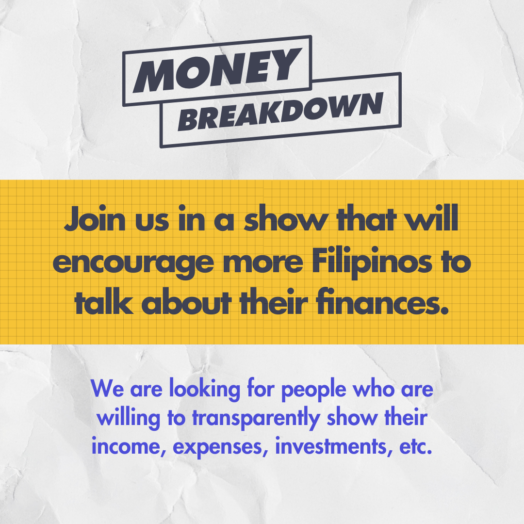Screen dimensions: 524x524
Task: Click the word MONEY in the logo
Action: click(217, 70)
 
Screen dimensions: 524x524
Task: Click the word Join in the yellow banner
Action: click(95, 220)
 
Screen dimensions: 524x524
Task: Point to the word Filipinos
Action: click(372, 262)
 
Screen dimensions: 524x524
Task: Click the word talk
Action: click(104, 302)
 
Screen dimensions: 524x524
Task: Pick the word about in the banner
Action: click(186, 302)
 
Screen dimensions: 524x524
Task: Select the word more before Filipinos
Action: click(263, 262)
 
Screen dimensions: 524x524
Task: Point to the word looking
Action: click(205, 390)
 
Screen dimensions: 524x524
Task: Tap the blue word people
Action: click(313, 390)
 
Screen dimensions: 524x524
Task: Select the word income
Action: click(129, 446)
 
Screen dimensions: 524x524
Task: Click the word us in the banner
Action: click(152, 222)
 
